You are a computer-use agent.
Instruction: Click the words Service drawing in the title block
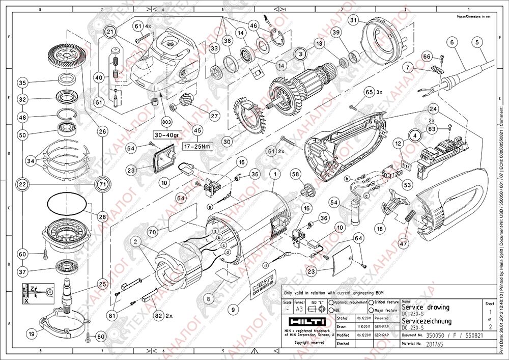tap(426, 307)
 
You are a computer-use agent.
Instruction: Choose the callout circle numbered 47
tap(403, 243)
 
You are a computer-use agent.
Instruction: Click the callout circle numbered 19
tap(32, 334)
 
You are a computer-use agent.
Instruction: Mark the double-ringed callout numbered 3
tap(301, 53)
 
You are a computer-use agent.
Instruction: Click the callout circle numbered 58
tap(296, 174)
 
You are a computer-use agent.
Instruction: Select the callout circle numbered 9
tap(234, 308)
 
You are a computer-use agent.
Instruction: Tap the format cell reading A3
tap(299, 309)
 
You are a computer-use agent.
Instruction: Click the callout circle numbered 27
tap(214, 116)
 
